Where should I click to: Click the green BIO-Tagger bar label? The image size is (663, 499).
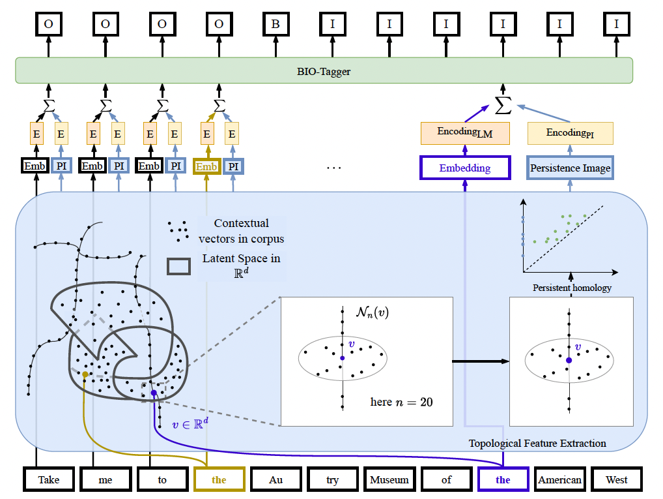pos(324,71)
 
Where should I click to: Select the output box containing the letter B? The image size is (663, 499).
pos(276,24)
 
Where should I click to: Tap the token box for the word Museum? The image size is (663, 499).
pos(389,479)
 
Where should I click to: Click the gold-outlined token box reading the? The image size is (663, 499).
pos(219,479)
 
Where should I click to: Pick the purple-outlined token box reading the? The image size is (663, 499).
pos(503,479)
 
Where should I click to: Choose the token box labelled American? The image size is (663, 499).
pos(559,479)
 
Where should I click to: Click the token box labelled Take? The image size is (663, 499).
pos(48,479)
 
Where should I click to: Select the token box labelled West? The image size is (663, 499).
pos(616,479)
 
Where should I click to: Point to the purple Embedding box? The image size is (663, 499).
pos(465,168)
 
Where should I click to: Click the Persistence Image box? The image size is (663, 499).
pos(570,168)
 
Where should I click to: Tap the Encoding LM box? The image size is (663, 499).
pos(465,133)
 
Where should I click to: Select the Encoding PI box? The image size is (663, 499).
pos(570,133)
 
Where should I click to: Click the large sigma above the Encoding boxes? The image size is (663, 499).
pos(502,102)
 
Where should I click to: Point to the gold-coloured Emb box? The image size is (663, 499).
pos(206,166)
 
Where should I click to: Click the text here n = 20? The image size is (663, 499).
pos(401,402)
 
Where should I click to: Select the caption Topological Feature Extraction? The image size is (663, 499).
pos(537,444)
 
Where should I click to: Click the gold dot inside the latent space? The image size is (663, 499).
pos(85,374)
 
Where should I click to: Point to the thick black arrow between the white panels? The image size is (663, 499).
pos(481,361)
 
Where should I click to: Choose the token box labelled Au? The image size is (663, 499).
pos(276,479)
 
